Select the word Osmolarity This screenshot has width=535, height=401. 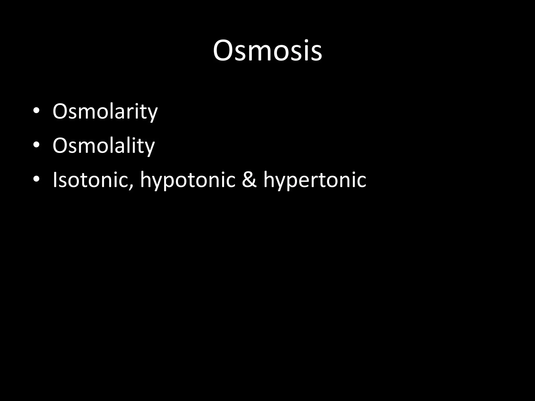pos(105,111)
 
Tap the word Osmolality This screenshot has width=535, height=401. pos(104,145)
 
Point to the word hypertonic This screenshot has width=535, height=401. pos(315,180)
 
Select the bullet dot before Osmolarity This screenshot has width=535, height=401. pos(36,111)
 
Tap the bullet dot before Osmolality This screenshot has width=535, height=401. pos(36,145)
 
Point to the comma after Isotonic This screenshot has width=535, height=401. pos(131,185)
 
